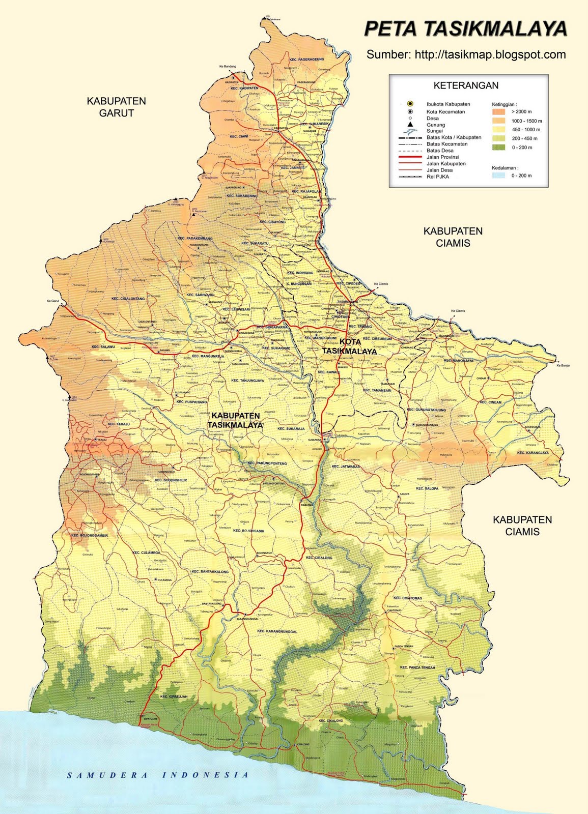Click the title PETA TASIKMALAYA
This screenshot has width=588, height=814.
tap(465, 29)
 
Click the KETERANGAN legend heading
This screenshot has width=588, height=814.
tap(466, 85)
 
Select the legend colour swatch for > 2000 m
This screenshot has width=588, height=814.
tap(498, 111)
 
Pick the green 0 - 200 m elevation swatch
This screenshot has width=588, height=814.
tap(498, 148)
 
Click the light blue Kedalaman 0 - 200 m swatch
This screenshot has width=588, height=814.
tap(498, 176)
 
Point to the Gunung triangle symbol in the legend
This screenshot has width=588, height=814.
tap(410, 125)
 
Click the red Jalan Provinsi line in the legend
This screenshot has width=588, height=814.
tap(410, 157)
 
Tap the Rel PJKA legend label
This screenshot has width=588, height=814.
tap(439, 177)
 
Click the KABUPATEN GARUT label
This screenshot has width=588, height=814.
tap(116, 107)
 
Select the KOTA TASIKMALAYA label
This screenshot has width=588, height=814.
tap(349, 346)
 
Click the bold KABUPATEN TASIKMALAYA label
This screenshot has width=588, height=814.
tap(235, 420)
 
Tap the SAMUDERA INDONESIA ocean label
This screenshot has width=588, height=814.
tap(158, 775)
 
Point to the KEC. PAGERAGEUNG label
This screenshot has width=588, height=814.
tap(306, 60)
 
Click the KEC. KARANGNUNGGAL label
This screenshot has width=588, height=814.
tap(277, 631)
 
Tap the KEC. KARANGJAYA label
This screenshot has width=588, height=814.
tap(533, 452)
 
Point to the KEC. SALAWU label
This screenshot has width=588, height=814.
tap(103, 346)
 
